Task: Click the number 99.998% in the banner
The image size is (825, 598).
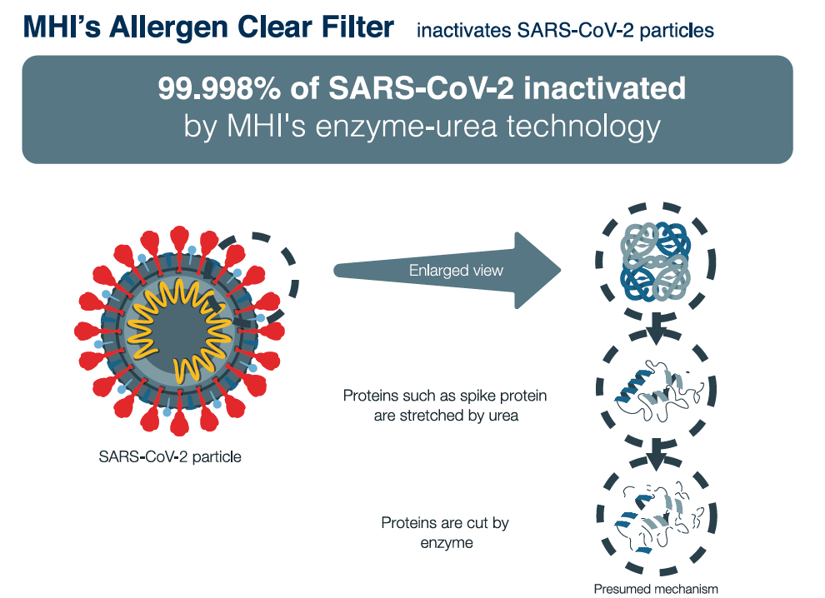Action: coord(219,88)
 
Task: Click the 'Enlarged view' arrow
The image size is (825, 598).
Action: coord(447,271)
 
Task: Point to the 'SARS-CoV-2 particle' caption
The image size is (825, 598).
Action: coord(170,456)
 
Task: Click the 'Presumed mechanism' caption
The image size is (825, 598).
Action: coord(656,589)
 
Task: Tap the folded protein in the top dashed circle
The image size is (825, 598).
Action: coord(655,261)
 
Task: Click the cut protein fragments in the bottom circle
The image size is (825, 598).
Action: coord(658,518)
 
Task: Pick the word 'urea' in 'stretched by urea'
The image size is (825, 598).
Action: coord(503,416)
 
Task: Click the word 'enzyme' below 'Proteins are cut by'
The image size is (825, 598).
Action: coord(447,543)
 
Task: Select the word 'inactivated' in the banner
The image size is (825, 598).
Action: coord(604,88)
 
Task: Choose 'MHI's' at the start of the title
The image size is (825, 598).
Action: coord(62,27)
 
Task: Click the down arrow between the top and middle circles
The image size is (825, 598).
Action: coord(656,329)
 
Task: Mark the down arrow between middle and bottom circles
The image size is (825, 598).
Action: coord(656,456)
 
